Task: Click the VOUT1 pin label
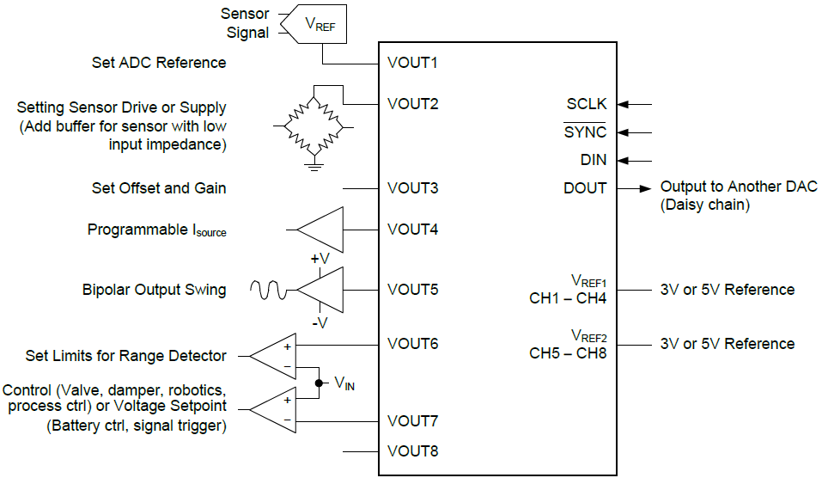click(412, 63)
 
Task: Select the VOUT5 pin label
click(412, 289)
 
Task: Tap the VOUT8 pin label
click(412, 450)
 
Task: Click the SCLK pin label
click(586, 104)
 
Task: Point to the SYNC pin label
click(585, 132)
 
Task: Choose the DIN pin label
click(593, 160)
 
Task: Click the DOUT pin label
click(585, 187)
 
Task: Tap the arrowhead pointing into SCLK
click(624, 104)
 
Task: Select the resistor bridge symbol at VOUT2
click(315, 126)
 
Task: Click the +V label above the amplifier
click(320, 259)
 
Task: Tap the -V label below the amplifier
click(320, 323)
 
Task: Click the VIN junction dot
click(319, 383)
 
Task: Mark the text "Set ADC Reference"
click(159, 63)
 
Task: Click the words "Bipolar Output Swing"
click(154, 290)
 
